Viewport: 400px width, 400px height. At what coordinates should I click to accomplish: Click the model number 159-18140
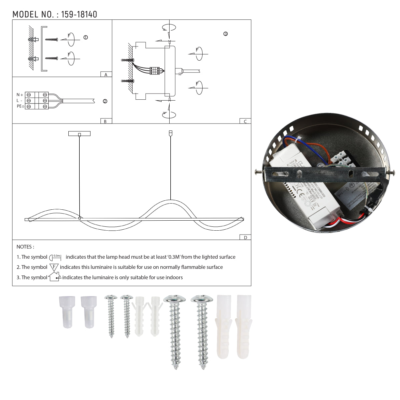pos(79,14)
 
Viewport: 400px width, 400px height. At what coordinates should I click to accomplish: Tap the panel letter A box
pos(106,75)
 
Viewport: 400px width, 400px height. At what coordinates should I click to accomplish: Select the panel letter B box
pos(105,121)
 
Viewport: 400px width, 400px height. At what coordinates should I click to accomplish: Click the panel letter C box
pos(245,121)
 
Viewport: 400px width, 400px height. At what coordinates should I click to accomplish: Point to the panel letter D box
pos(245,237)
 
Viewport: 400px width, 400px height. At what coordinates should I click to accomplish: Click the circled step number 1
pos(86,37)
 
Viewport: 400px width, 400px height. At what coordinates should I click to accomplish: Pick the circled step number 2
pos(105,101)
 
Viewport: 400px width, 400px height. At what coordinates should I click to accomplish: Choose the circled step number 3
pos(226,34)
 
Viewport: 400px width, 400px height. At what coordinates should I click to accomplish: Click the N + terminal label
pos(20,95)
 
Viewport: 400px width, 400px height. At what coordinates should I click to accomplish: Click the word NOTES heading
pos(25,247)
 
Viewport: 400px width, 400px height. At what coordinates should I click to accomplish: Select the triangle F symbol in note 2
pos(54,267)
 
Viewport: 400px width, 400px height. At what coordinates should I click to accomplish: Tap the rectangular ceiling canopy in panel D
pos(79,134)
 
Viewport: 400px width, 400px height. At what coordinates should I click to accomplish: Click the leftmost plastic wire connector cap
pos(66,312)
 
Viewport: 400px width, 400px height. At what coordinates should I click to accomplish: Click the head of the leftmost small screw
pos(110,297)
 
